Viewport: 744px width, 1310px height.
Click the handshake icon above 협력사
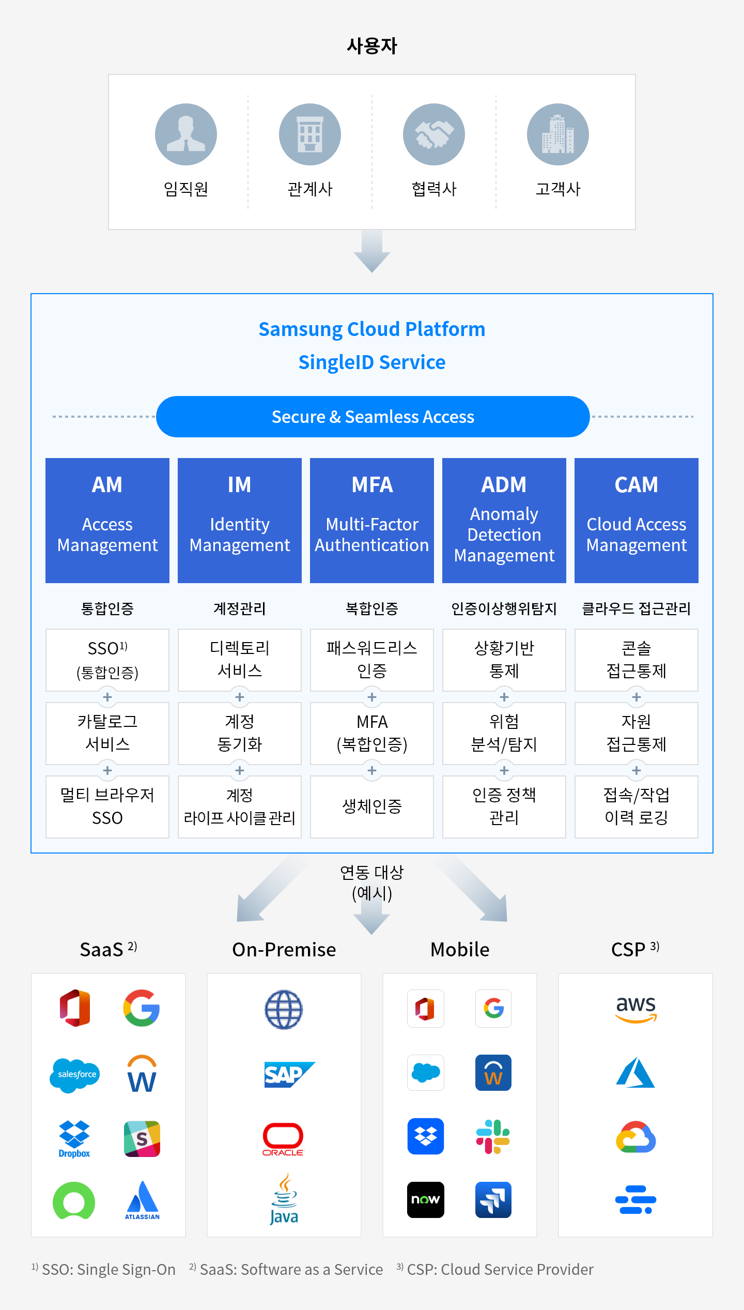pos(434,134)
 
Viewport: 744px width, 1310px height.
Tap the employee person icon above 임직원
pos(186,134)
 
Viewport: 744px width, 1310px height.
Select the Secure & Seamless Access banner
pos(373,417)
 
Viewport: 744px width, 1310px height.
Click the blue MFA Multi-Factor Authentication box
pos(372,520)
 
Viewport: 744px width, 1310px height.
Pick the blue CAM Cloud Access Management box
pos(637,520)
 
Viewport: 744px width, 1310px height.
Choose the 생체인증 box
pos(372,806)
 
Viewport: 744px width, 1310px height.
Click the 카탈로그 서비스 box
pos(107,733)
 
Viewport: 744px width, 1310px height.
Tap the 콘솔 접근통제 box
pos(637,660)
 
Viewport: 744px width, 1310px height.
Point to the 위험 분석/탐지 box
pos(504,733)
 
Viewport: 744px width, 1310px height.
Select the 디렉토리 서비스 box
pos(240,660)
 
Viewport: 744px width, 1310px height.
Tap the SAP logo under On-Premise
pos(289,1074)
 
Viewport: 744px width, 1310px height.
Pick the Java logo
pos(284,1199)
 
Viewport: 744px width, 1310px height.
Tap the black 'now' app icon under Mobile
pos(426,1199)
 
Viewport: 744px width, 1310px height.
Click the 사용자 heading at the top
pos(372,46)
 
